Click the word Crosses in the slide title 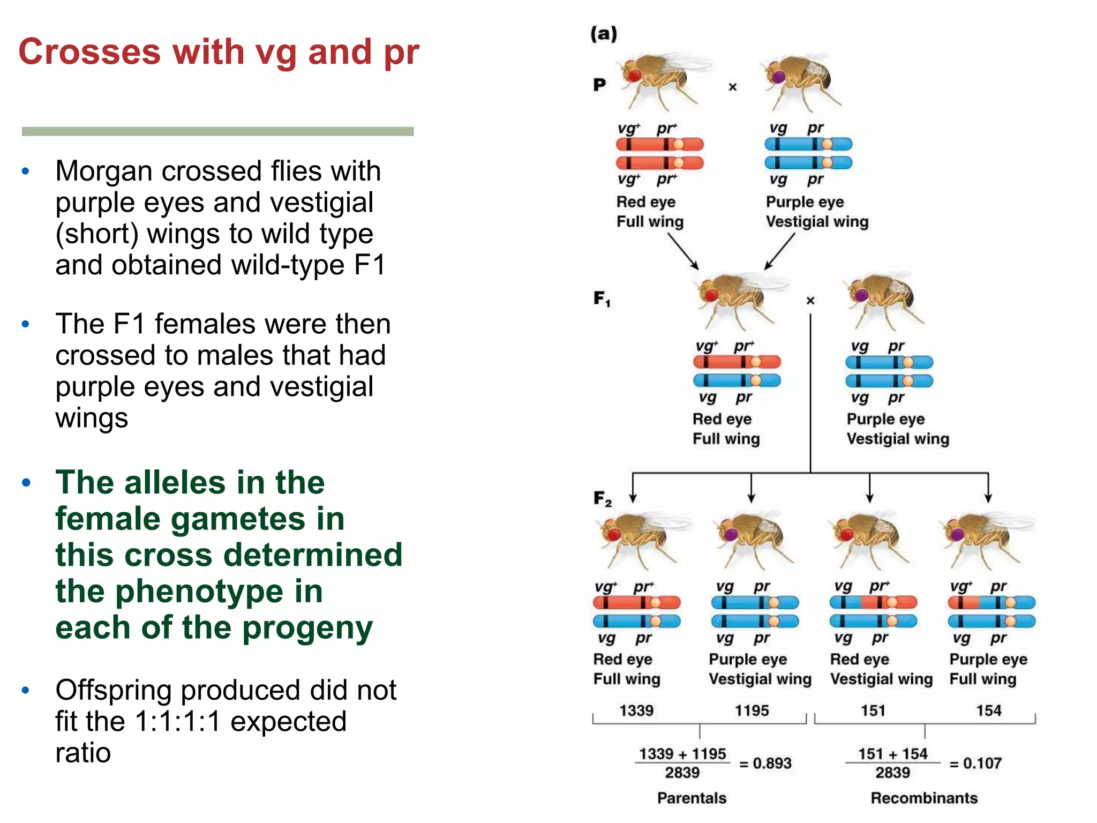pos(89,52)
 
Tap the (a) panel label pos(604,34)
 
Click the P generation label pos(599,85)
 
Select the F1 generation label pos(602,298)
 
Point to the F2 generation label pos(602,498)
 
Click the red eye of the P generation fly pos(635,74)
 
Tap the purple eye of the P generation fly pos(778,77)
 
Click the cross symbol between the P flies pos(733,87)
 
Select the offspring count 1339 pos(636,710)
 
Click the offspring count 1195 pos(752,710)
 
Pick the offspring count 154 pos(988,710)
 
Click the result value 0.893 pos(772,763)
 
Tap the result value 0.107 pos(982,763)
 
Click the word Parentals pos(692,798)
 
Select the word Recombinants pos(924,798)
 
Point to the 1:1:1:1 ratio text pos(178,722)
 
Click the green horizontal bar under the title pos(217,131)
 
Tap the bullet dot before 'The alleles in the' pos(26,483)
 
